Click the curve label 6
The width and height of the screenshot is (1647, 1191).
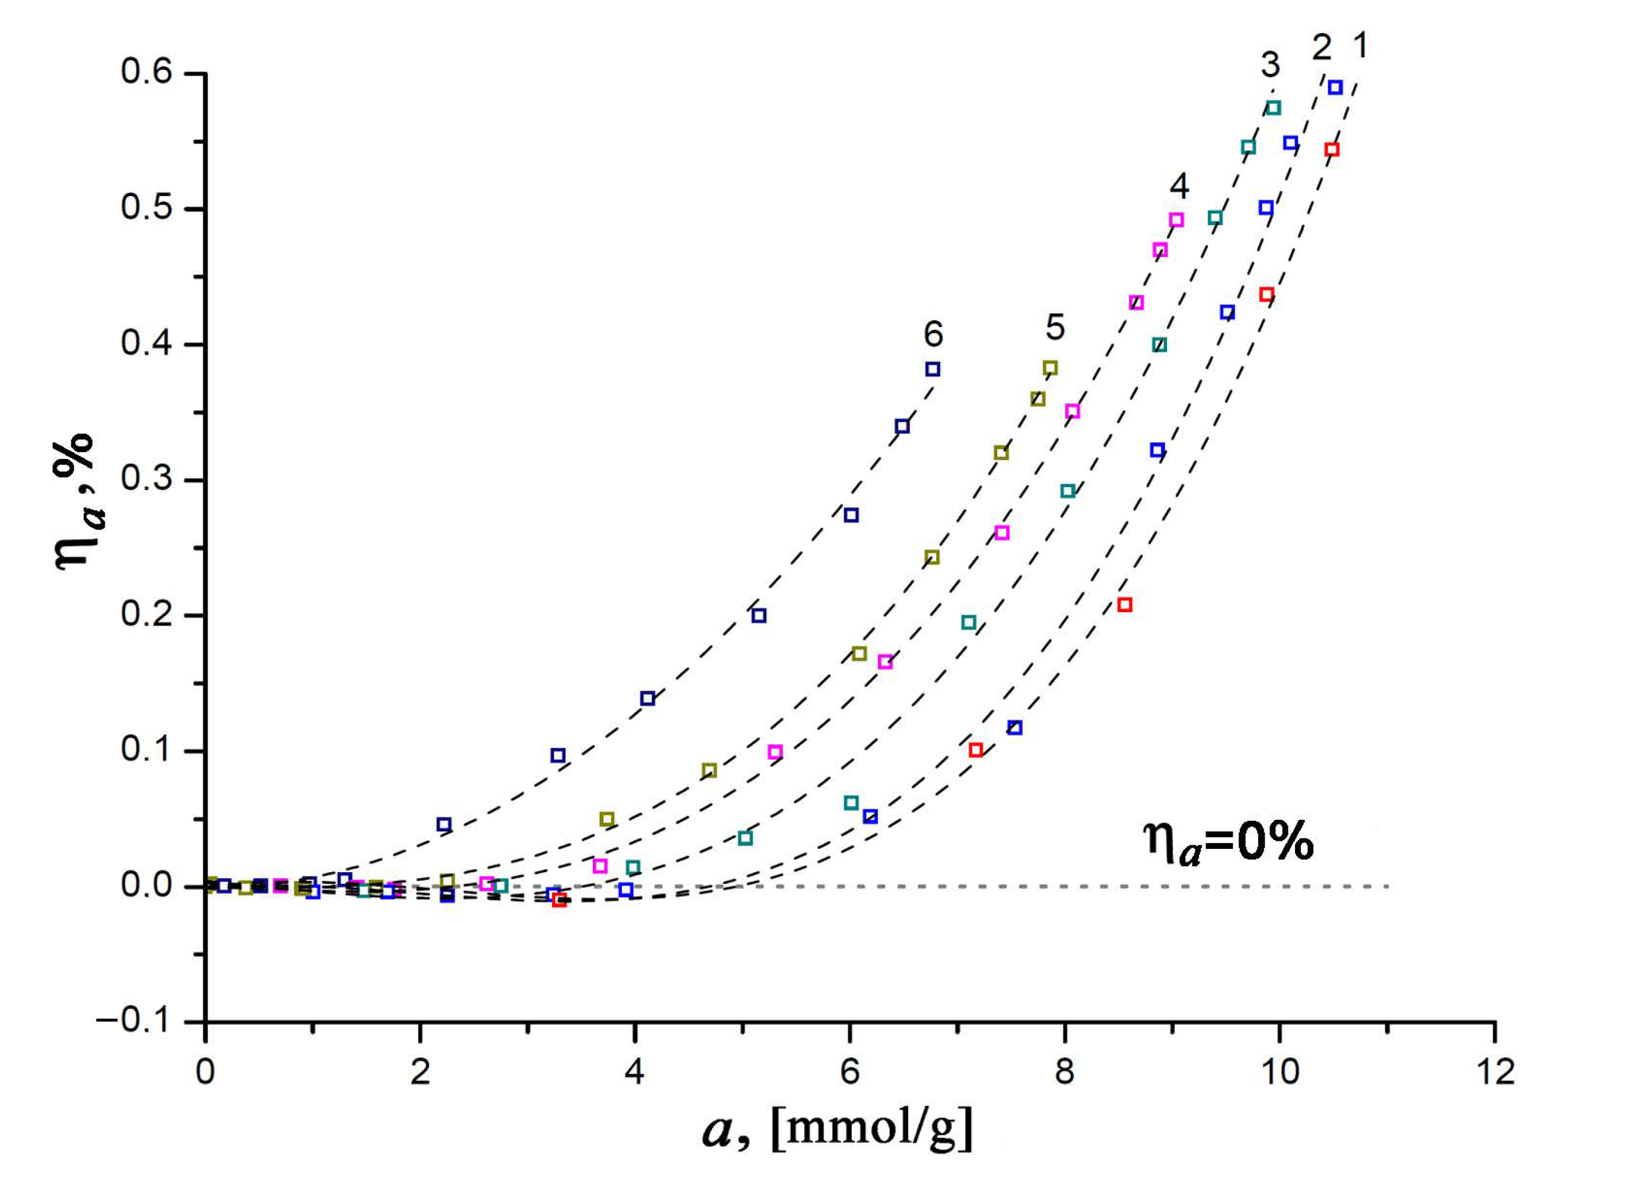(933, 335)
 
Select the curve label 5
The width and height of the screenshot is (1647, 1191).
(1055, 328)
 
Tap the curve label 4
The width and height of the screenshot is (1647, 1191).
(1179, 187)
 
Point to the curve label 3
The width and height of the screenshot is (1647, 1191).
(1270, 65)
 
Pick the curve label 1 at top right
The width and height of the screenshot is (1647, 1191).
(1361, 46)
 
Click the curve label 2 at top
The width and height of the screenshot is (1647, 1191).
(1322, 48)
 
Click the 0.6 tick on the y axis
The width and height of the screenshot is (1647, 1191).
(147, 73)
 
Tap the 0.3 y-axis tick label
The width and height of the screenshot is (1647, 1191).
(147, 479)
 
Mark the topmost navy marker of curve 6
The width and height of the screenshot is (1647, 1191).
(933, 369)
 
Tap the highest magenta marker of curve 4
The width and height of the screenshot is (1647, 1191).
(1177, 220)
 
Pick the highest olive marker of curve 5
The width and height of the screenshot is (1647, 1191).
(1050, 368)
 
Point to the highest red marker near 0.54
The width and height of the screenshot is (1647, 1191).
(1332, 150)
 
